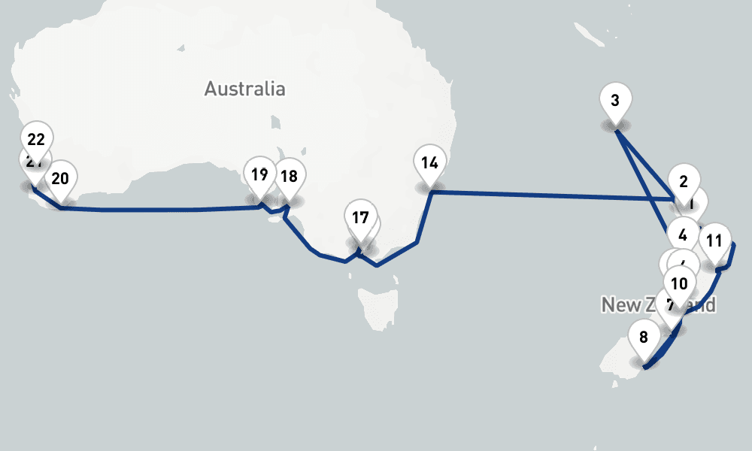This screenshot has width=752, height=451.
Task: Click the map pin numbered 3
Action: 616,101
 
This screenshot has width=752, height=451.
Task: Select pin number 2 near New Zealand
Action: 684,180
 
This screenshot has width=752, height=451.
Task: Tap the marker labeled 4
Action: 683,234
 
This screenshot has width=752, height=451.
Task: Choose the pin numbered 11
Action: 714,241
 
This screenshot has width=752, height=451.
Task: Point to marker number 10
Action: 679,283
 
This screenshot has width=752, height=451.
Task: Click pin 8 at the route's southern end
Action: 643,336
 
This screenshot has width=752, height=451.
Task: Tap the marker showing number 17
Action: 360,218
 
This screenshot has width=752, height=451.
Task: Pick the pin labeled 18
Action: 289,177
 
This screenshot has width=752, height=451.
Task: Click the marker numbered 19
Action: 259,175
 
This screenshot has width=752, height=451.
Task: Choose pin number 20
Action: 60,178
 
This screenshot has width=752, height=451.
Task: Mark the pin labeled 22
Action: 36,138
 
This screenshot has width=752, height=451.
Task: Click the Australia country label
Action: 244,89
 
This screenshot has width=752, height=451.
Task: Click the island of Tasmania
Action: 375,309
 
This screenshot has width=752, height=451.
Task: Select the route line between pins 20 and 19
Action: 150,210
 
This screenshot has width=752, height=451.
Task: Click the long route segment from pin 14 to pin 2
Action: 549,195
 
